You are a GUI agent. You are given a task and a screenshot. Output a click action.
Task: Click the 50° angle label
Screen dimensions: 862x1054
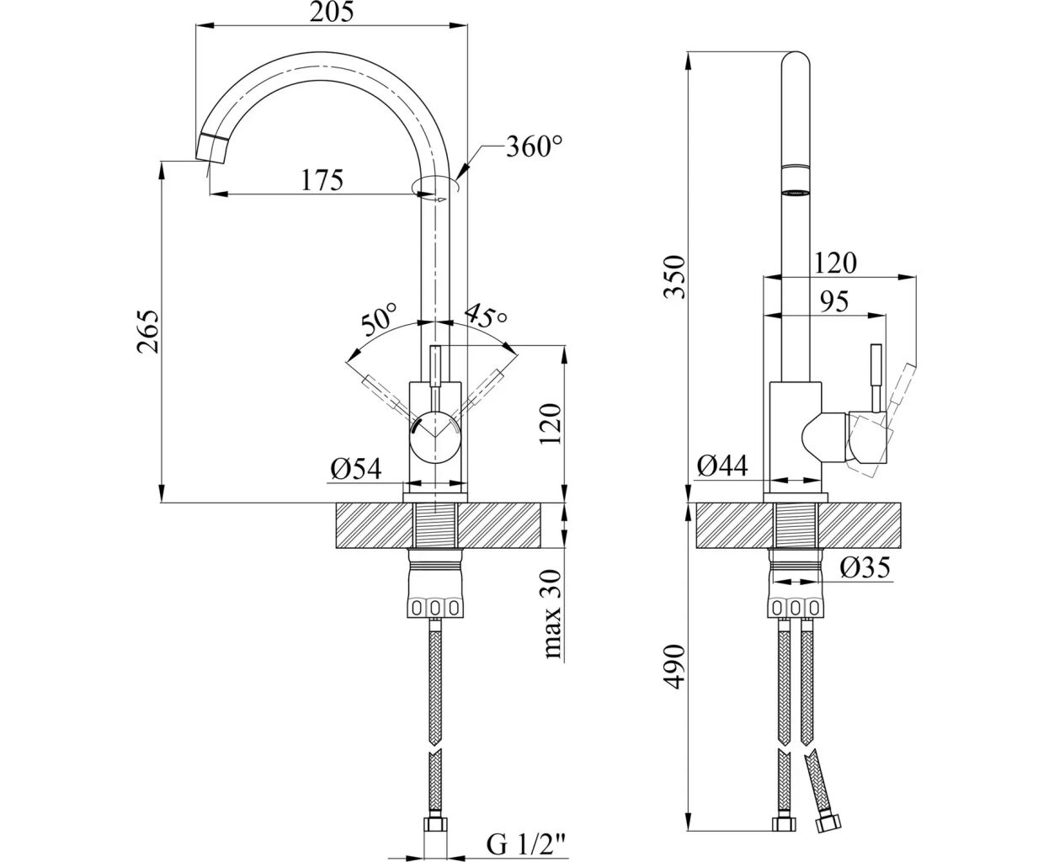(x=378, y=322)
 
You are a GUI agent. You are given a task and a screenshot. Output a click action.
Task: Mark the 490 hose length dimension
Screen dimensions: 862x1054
(x=673, y=668)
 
